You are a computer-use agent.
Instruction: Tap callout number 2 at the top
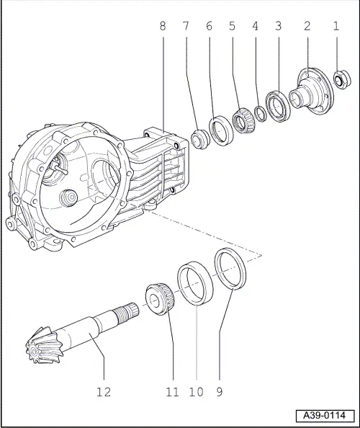307,26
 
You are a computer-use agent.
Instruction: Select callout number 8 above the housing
163,26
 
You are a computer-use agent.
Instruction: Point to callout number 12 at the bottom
104,393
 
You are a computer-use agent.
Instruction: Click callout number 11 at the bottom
171,393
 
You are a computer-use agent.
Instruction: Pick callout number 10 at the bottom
196,393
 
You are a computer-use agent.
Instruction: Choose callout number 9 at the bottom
219,393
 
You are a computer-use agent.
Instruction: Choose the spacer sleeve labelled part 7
199,138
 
